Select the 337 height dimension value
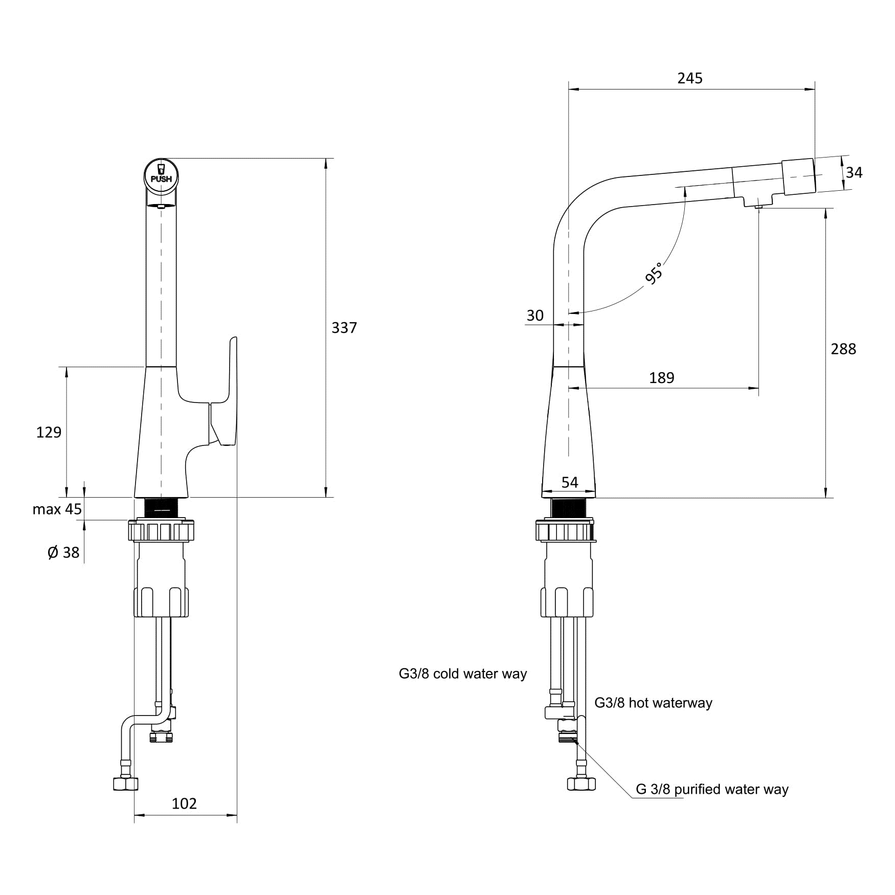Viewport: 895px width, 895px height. click(344, 327)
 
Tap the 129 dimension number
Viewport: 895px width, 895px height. click(49, 432)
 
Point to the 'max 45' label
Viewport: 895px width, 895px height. click(57, 509)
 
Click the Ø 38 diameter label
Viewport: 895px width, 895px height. click(63, 552)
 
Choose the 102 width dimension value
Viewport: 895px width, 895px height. click(184, 803)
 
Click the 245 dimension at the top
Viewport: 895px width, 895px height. click(690, 78)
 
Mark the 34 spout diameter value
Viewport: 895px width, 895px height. click(854, 173)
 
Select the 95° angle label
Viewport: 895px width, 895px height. click(654, 273)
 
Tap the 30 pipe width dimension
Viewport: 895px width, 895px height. click(535, 316)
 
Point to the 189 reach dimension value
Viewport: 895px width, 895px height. click(662, 377)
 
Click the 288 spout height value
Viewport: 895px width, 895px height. click(843, 349)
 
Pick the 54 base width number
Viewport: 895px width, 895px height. click(570, 482)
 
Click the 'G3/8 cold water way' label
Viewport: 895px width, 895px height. click(463, 674)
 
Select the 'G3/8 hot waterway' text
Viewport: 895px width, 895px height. click(653, 703)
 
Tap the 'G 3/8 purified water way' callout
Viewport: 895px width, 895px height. click(712, 789)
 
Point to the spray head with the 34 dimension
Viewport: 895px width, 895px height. click(798, 176)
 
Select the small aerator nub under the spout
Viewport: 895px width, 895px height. click(758, 206)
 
